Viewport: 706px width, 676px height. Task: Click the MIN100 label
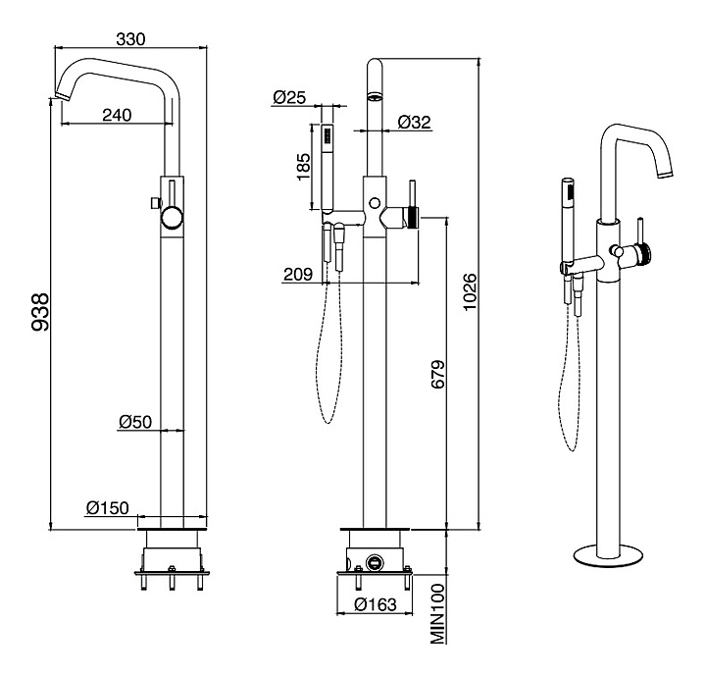438,613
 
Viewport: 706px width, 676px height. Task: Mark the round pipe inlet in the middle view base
375,564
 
